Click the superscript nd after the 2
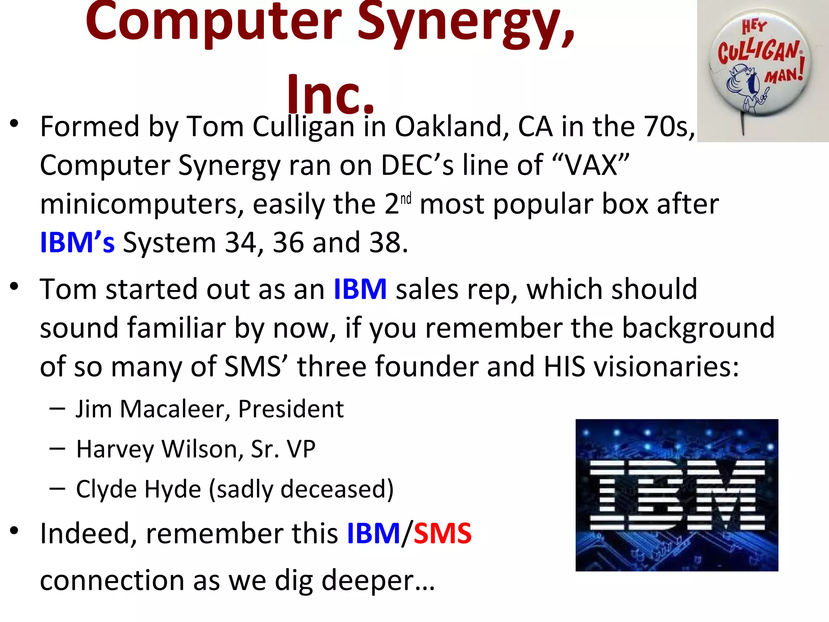pos(406,199)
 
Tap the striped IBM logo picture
pos(677,495)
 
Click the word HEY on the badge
pos(754,27)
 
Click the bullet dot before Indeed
pos(15,530)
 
